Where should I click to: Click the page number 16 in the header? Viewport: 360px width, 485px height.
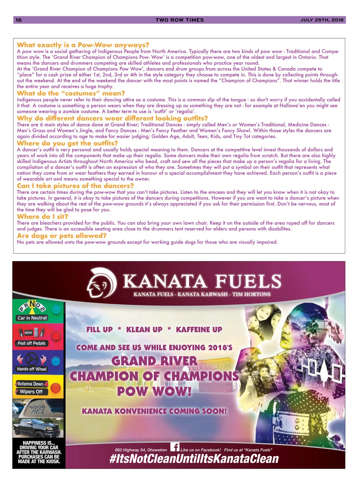[19, 20]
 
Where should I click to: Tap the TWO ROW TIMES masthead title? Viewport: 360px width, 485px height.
[179, 20]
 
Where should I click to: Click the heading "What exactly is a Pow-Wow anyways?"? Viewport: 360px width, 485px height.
[83, 45]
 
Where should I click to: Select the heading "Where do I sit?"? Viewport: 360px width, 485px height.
[43, 216]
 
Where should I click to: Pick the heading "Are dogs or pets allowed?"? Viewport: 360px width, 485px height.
[61, 236]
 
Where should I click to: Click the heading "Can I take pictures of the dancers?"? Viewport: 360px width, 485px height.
[75, 186]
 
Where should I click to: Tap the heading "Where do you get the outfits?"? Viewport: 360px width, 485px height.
[67, 143]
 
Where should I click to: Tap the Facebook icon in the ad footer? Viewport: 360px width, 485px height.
[175, 447]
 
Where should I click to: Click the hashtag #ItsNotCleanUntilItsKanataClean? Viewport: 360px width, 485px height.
[194, 459]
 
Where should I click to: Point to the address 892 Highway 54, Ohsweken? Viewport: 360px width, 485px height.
[141, 450]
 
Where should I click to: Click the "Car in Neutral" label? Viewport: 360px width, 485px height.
[32, 318]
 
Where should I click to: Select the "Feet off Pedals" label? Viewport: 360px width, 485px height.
[31, 344]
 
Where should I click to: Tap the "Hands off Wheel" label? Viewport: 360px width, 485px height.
[31, 369]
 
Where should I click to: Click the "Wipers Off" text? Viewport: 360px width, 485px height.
[31, 392]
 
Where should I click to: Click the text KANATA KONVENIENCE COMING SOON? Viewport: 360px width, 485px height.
[154, 411]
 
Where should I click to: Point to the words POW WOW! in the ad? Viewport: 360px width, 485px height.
[154, 391]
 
